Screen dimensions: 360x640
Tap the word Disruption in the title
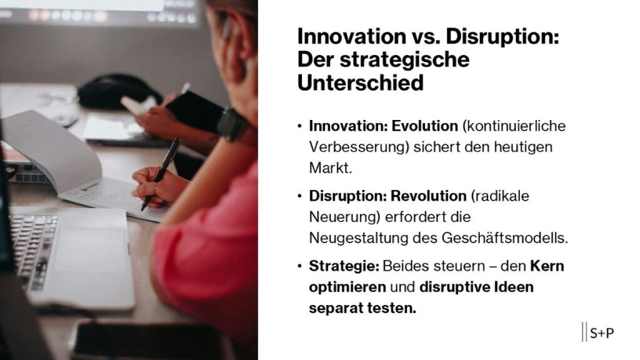[x=502, y=37]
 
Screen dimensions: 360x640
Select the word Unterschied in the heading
[x=361, y=83]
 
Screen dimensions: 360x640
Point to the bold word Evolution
[x=425, y=126]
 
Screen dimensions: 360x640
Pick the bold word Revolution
[x=428, y=196]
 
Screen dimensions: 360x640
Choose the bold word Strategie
[x=344, y=266]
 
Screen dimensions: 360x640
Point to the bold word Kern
[x=547, y=266]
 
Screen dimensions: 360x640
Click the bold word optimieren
[x=347, y=287]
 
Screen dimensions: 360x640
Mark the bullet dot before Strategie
[x=300, y=266]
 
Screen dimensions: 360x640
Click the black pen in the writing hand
[x=163, y=170]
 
